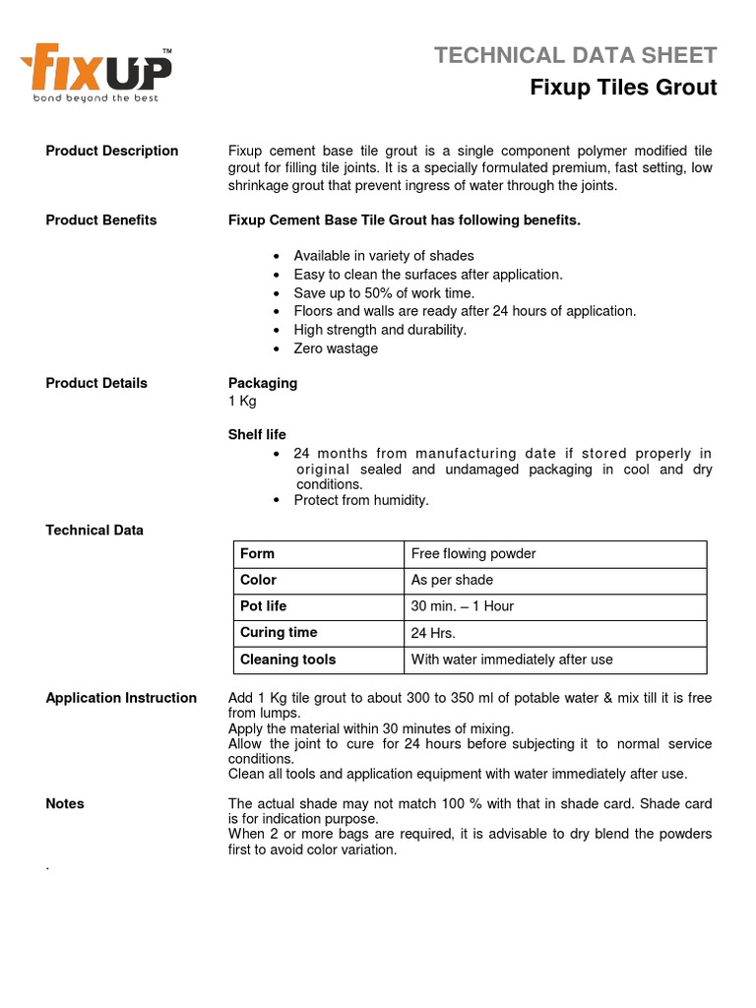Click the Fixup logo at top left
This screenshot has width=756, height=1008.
coord(96,72)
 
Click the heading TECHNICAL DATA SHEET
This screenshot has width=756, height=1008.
coord(576,55)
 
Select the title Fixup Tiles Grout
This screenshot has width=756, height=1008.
coord(623,88)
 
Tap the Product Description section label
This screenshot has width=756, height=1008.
coord(112,151)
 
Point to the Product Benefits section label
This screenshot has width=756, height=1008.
coord(101,220)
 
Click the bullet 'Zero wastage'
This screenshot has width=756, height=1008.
coord(336,348)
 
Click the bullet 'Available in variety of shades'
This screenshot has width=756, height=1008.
coord(384,256)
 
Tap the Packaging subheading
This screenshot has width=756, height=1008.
coord(263,383)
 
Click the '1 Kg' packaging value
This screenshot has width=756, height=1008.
coord(242,401)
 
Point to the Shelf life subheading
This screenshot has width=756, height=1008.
coord(257,434)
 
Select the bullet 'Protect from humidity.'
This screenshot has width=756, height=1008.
coord(361,500)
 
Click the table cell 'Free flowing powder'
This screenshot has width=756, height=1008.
coord(473,553)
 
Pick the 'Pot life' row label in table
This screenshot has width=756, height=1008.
coord(264,606)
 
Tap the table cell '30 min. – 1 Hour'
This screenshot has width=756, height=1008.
coord(463,606)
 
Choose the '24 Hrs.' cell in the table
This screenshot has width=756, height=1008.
coord(433,633)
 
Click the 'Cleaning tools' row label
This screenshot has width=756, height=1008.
coord(288,660)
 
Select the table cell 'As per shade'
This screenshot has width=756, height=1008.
coord(453,580)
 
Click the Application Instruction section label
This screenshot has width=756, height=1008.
coord(121,698)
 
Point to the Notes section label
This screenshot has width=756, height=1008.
coord(65,804)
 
